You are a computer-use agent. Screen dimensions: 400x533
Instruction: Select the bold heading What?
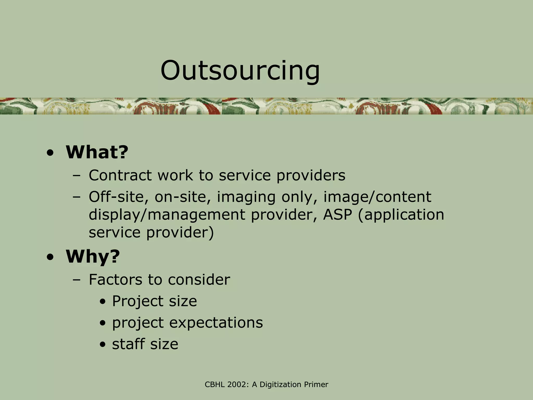tap(97, 152)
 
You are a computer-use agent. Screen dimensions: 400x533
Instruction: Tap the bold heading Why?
tap(93, 257)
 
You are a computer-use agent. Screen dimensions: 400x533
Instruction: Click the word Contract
tap(120, 175)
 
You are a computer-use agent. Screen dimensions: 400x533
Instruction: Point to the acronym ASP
tap(338, 215)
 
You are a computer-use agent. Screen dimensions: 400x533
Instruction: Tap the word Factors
tap(115, 280)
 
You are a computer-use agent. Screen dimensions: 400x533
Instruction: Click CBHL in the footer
tap(213, 385)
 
